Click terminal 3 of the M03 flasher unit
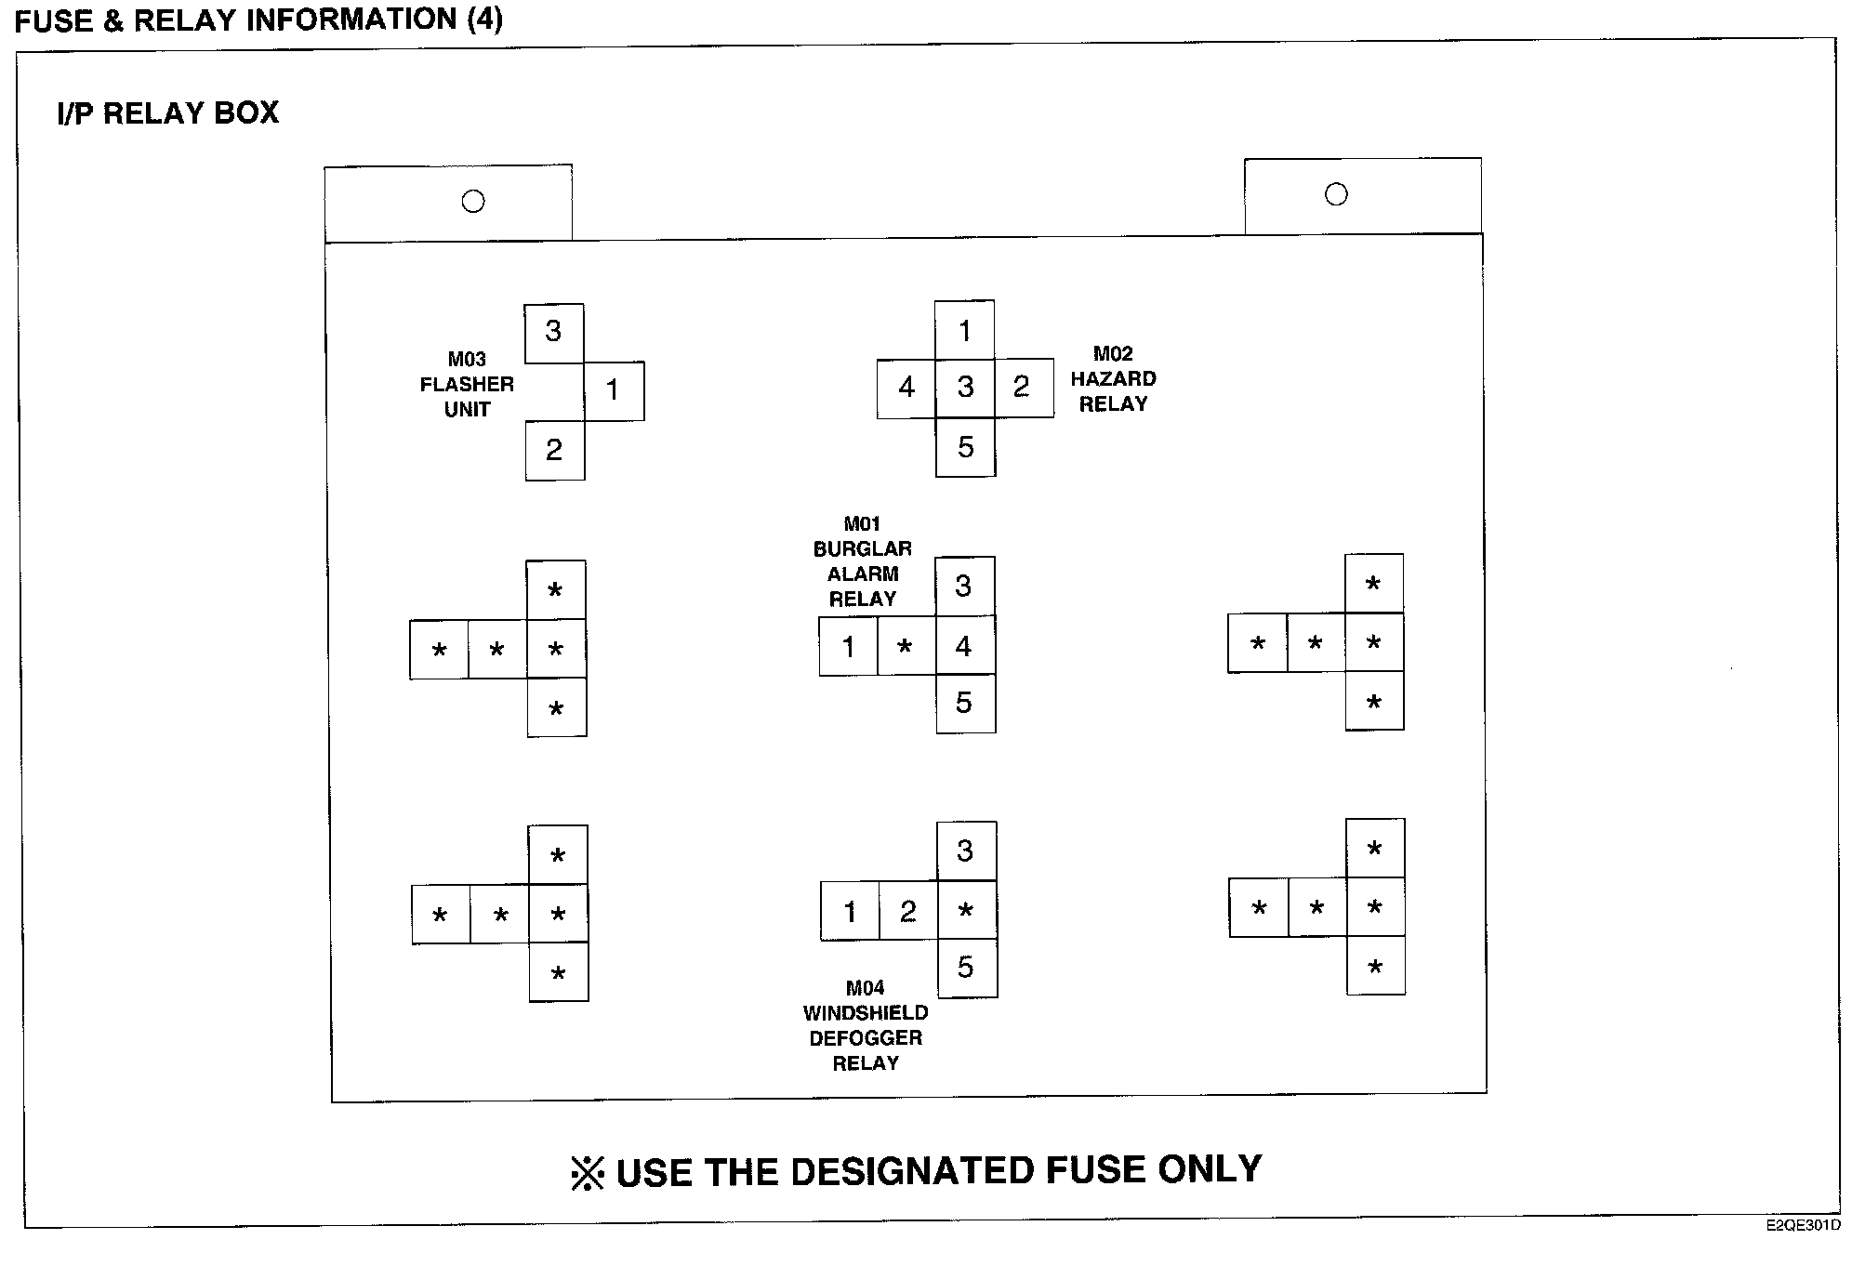[554, 333]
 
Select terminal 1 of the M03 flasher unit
[614, 391]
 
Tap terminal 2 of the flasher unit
[555, 451]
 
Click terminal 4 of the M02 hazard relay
[906, 389]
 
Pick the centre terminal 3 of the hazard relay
[965, 388]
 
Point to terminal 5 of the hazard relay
[966, 447]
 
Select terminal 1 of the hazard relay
[964, 330]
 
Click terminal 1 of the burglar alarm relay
[848, 646]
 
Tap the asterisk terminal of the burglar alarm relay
[906, 645]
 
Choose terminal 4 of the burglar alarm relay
[965, 645]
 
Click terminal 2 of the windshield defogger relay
[908, 911]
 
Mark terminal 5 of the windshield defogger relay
[967, 969]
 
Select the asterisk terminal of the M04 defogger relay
[967, 910]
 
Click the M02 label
[1113, 354]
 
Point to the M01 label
[862, 524]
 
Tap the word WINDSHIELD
[866, 1013]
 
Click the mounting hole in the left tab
[473, 201]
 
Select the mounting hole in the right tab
[1336, 194]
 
